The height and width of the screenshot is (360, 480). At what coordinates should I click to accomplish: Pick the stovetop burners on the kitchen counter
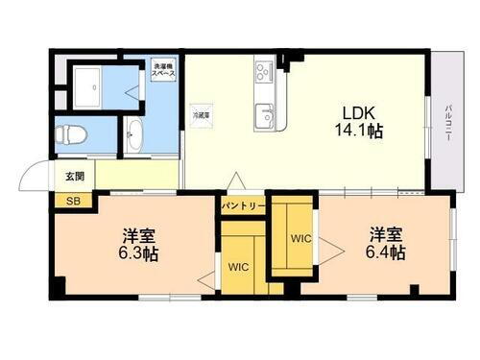pos(265,72)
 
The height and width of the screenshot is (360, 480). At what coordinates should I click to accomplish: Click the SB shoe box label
pos(72,201)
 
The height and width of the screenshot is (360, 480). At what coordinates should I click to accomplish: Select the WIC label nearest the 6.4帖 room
pos(300,236)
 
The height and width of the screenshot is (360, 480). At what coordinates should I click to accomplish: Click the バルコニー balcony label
pos(448,122)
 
